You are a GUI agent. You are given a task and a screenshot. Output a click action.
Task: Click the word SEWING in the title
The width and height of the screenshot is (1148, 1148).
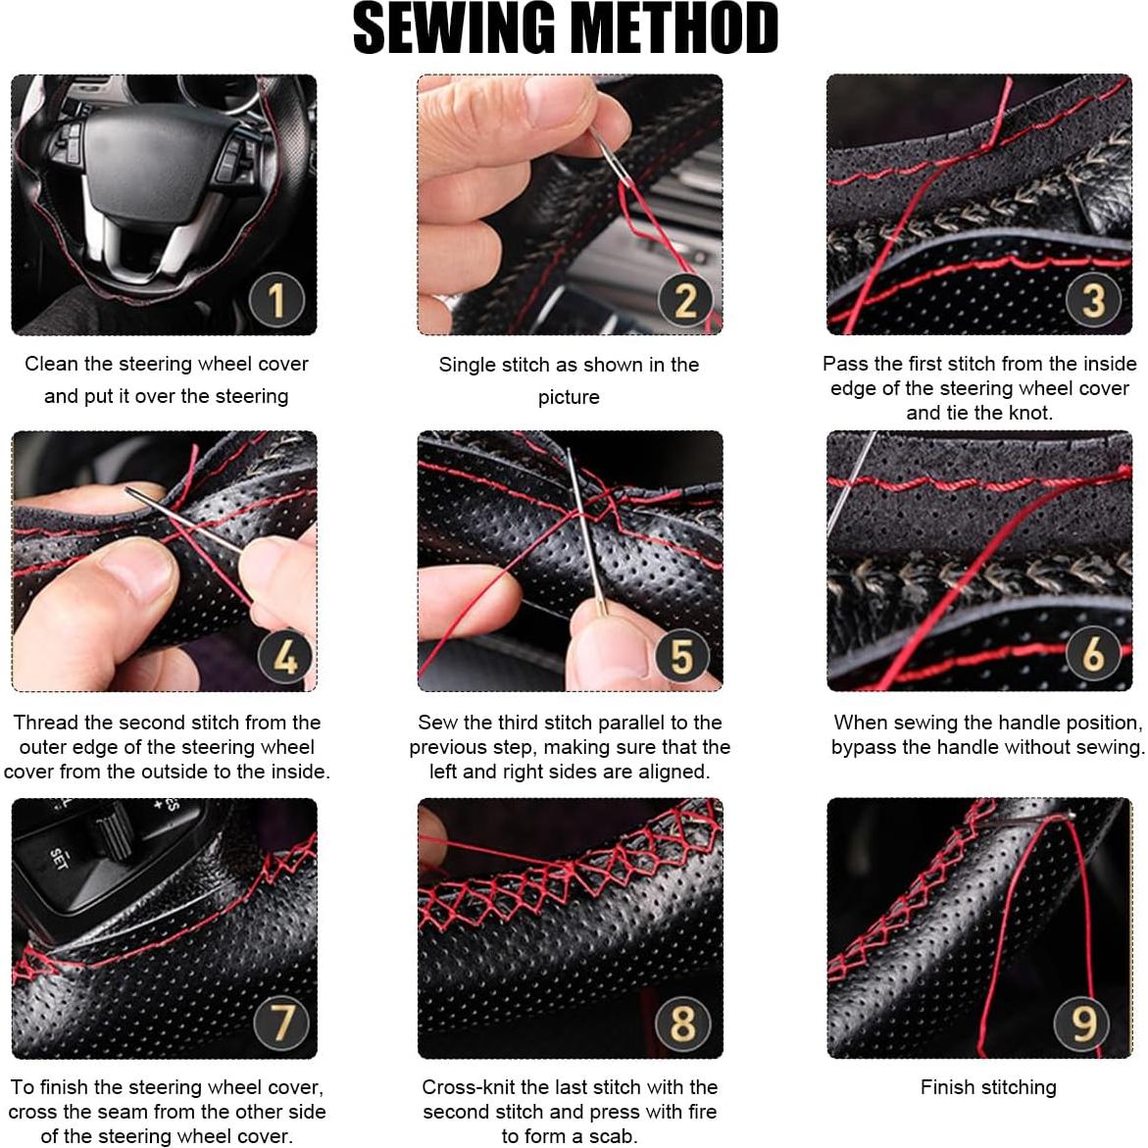point(454,27)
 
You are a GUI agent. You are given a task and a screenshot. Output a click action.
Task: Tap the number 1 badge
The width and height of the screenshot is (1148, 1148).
point(276,299)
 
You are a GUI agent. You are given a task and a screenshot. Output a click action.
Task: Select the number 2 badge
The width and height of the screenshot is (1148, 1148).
point(684,300)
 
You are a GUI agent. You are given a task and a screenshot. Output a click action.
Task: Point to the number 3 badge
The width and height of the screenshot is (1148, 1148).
point(1093,300)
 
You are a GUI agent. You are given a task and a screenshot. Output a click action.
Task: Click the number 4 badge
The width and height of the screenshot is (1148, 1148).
point(285,655)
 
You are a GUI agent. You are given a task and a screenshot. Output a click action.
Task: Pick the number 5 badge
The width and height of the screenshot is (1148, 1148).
point(681,656)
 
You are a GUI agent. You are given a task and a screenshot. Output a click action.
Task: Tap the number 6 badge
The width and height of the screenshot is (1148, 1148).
point(1093,652)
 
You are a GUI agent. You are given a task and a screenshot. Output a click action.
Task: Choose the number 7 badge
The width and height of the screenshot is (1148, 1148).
point(282,1023)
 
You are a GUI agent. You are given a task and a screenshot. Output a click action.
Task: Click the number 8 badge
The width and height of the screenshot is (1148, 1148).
point(682,1023)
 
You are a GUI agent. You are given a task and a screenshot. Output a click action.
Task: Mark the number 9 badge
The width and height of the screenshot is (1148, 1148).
point(1082,1023)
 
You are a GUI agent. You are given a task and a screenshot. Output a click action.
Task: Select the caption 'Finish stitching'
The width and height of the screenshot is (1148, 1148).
point(987,1087)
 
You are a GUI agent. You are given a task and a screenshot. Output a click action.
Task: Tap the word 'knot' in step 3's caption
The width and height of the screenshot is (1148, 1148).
point(1030,413)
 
